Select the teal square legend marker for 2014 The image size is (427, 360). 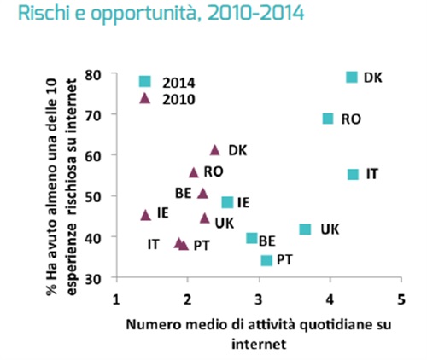tap(145, 81)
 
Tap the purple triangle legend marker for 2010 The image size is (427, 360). tap(145, 97)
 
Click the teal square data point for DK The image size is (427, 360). tap(351, 78)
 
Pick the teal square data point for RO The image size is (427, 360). tap(327, 119)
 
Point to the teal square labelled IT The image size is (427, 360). tap(353, 174)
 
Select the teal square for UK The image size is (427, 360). tap(305, 229)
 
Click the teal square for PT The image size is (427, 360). tap(266, 260)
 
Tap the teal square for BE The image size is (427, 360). tap(252, 238)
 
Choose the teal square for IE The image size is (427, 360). tap(227, 202)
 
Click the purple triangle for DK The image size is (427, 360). tap(215, 150)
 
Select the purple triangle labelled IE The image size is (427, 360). tap(145, 215)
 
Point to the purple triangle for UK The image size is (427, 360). tap(205, 218)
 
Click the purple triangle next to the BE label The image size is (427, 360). tap(202, 193)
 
